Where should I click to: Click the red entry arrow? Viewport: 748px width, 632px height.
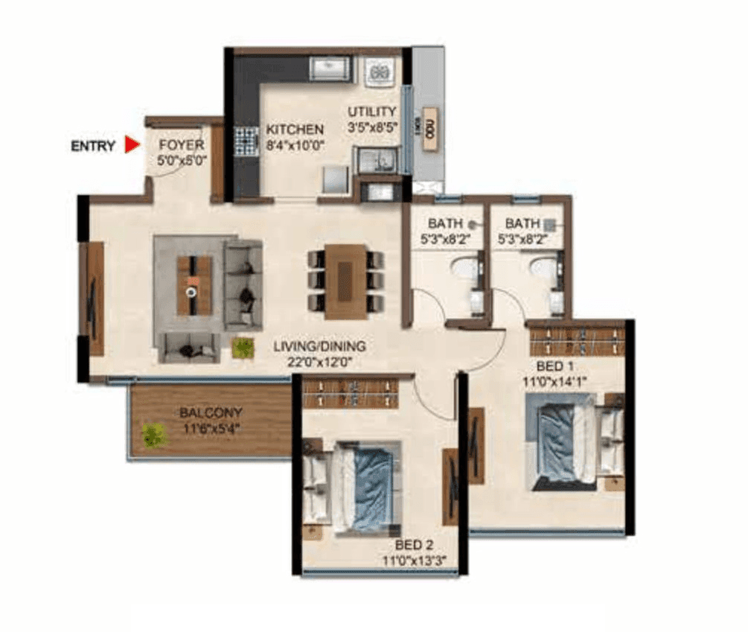pos(132,145)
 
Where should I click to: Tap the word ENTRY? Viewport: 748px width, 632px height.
pos(93,146)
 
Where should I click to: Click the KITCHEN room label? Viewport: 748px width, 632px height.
pos(295,130)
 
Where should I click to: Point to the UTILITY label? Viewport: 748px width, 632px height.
pos(373,112)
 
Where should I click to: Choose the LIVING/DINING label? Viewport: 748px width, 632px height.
pos(319,346)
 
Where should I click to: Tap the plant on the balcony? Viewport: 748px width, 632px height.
pos(153,435)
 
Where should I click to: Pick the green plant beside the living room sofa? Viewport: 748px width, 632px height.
pos(242,347)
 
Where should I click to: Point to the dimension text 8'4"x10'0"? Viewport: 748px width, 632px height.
pos(295,146)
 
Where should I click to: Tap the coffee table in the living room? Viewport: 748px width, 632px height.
pos(194,285)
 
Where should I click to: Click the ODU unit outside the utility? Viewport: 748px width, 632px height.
pos(429,130)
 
